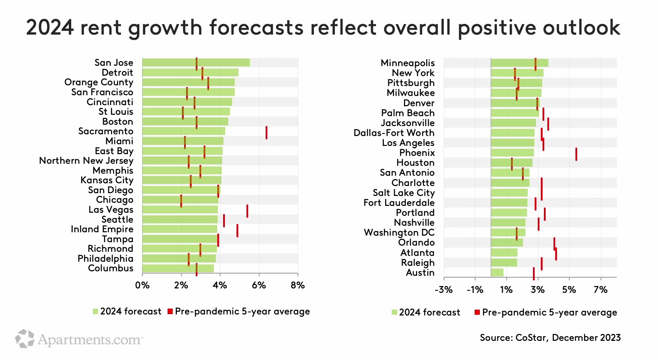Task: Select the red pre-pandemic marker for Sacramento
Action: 266,133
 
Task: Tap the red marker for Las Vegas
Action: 247,211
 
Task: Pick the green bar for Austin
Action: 497,273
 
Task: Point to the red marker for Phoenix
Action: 576,154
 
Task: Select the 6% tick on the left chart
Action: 259,285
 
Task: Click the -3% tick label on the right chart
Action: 443,290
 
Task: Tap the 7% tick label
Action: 600,290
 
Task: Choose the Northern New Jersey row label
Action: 86,161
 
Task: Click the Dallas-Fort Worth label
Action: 394,133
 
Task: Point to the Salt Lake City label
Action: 403,193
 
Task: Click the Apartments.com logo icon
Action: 25,339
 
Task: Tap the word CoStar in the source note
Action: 532,338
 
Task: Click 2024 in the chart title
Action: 50,27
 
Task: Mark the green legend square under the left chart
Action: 96,311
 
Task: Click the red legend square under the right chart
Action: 477,312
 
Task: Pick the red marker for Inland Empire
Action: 237,231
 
